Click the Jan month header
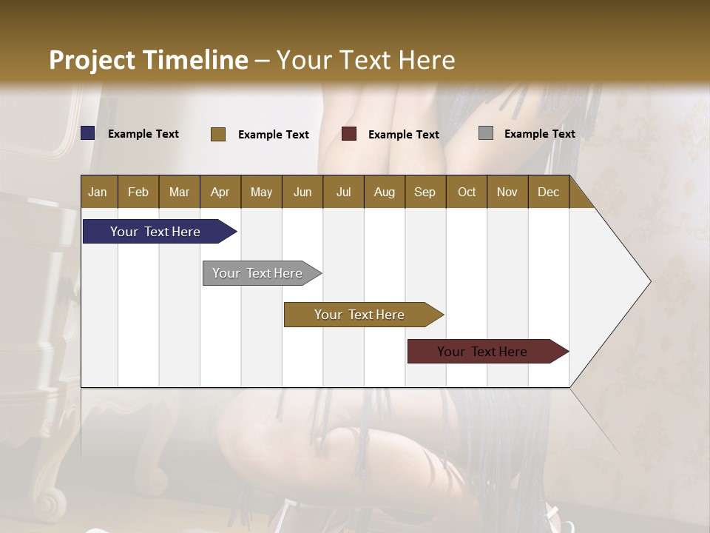point(98,192)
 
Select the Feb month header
point(138,192)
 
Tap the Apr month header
point(220,192)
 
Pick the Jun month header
point(302,192)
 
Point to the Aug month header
point(384,192)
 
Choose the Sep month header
point(425,192)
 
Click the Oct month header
point(467,192)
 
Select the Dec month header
point(548,192)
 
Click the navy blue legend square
point(88,133)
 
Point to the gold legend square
point(218,134)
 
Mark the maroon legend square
point(349,134)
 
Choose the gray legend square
point(486,133)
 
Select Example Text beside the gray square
point(539,134)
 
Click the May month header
point(261,192)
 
